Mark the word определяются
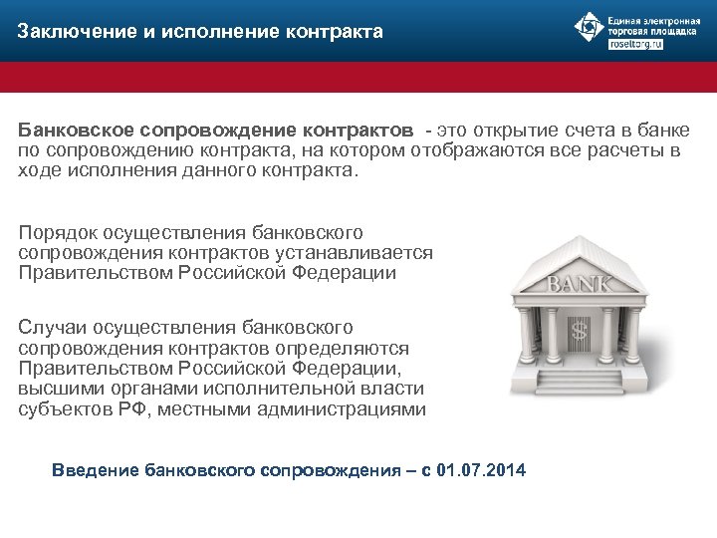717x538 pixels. pyautogui.click(x=362, y=347)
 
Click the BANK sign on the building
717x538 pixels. pyautogui.click(x=582, y=284)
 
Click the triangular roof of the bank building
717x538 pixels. pyautogui.click(x=582, y=253)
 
